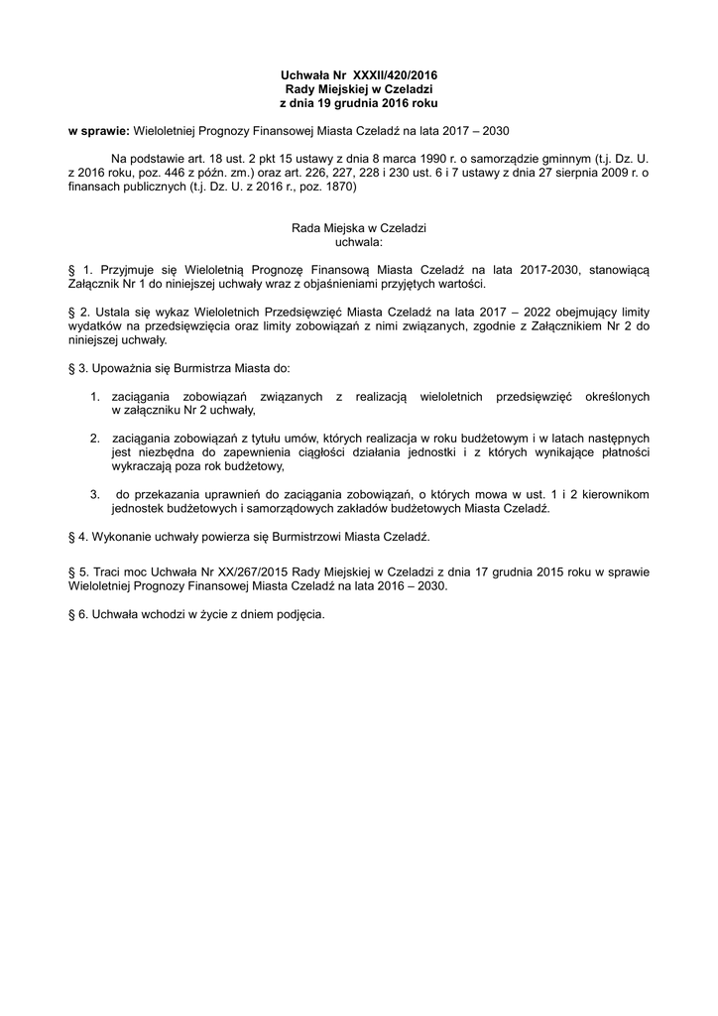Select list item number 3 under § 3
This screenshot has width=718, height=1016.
click(x=95, y=494)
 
